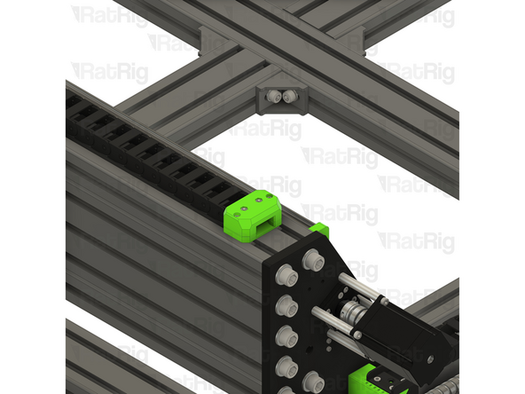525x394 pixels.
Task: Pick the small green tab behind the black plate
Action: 320,230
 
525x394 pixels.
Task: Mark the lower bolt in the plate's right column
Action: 315,382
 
